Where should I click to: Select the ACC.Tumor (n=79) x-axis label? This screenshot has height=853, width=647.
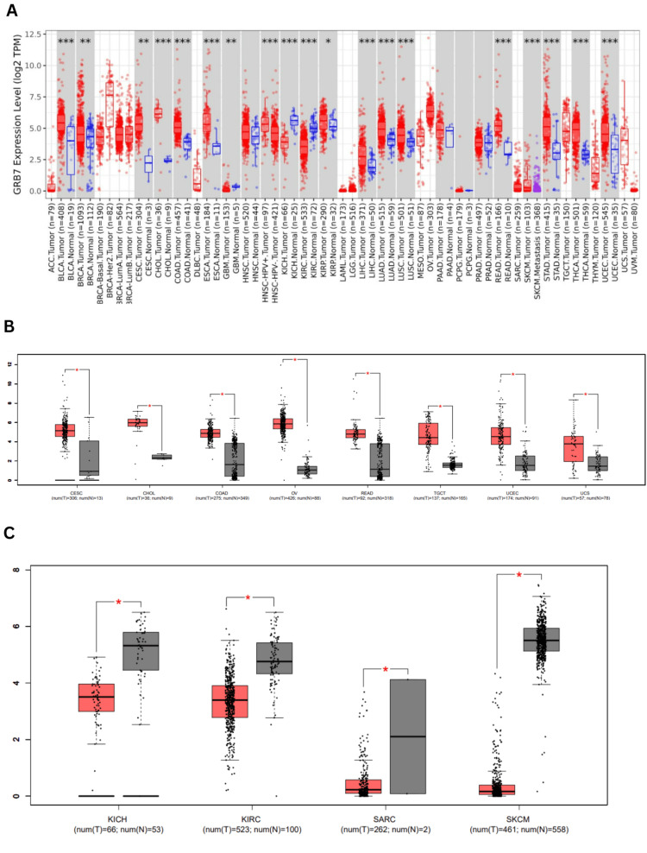coord(50,229)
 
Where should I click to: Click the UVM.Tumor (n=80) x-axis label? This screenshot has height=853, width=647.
coord(634,229)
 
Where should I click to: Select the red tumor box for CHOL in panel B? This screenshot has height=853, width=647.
coord(137,422)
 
